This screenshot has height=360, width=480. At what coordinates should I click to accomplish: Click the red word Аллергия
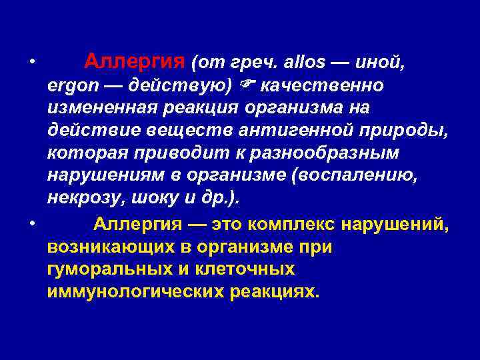point(134,63)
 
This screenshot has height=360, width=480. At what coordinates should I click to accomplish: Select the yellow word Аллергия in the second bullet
point(136,223)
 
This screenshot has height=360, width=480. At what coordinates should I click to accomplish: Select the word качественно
point(322,86)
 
